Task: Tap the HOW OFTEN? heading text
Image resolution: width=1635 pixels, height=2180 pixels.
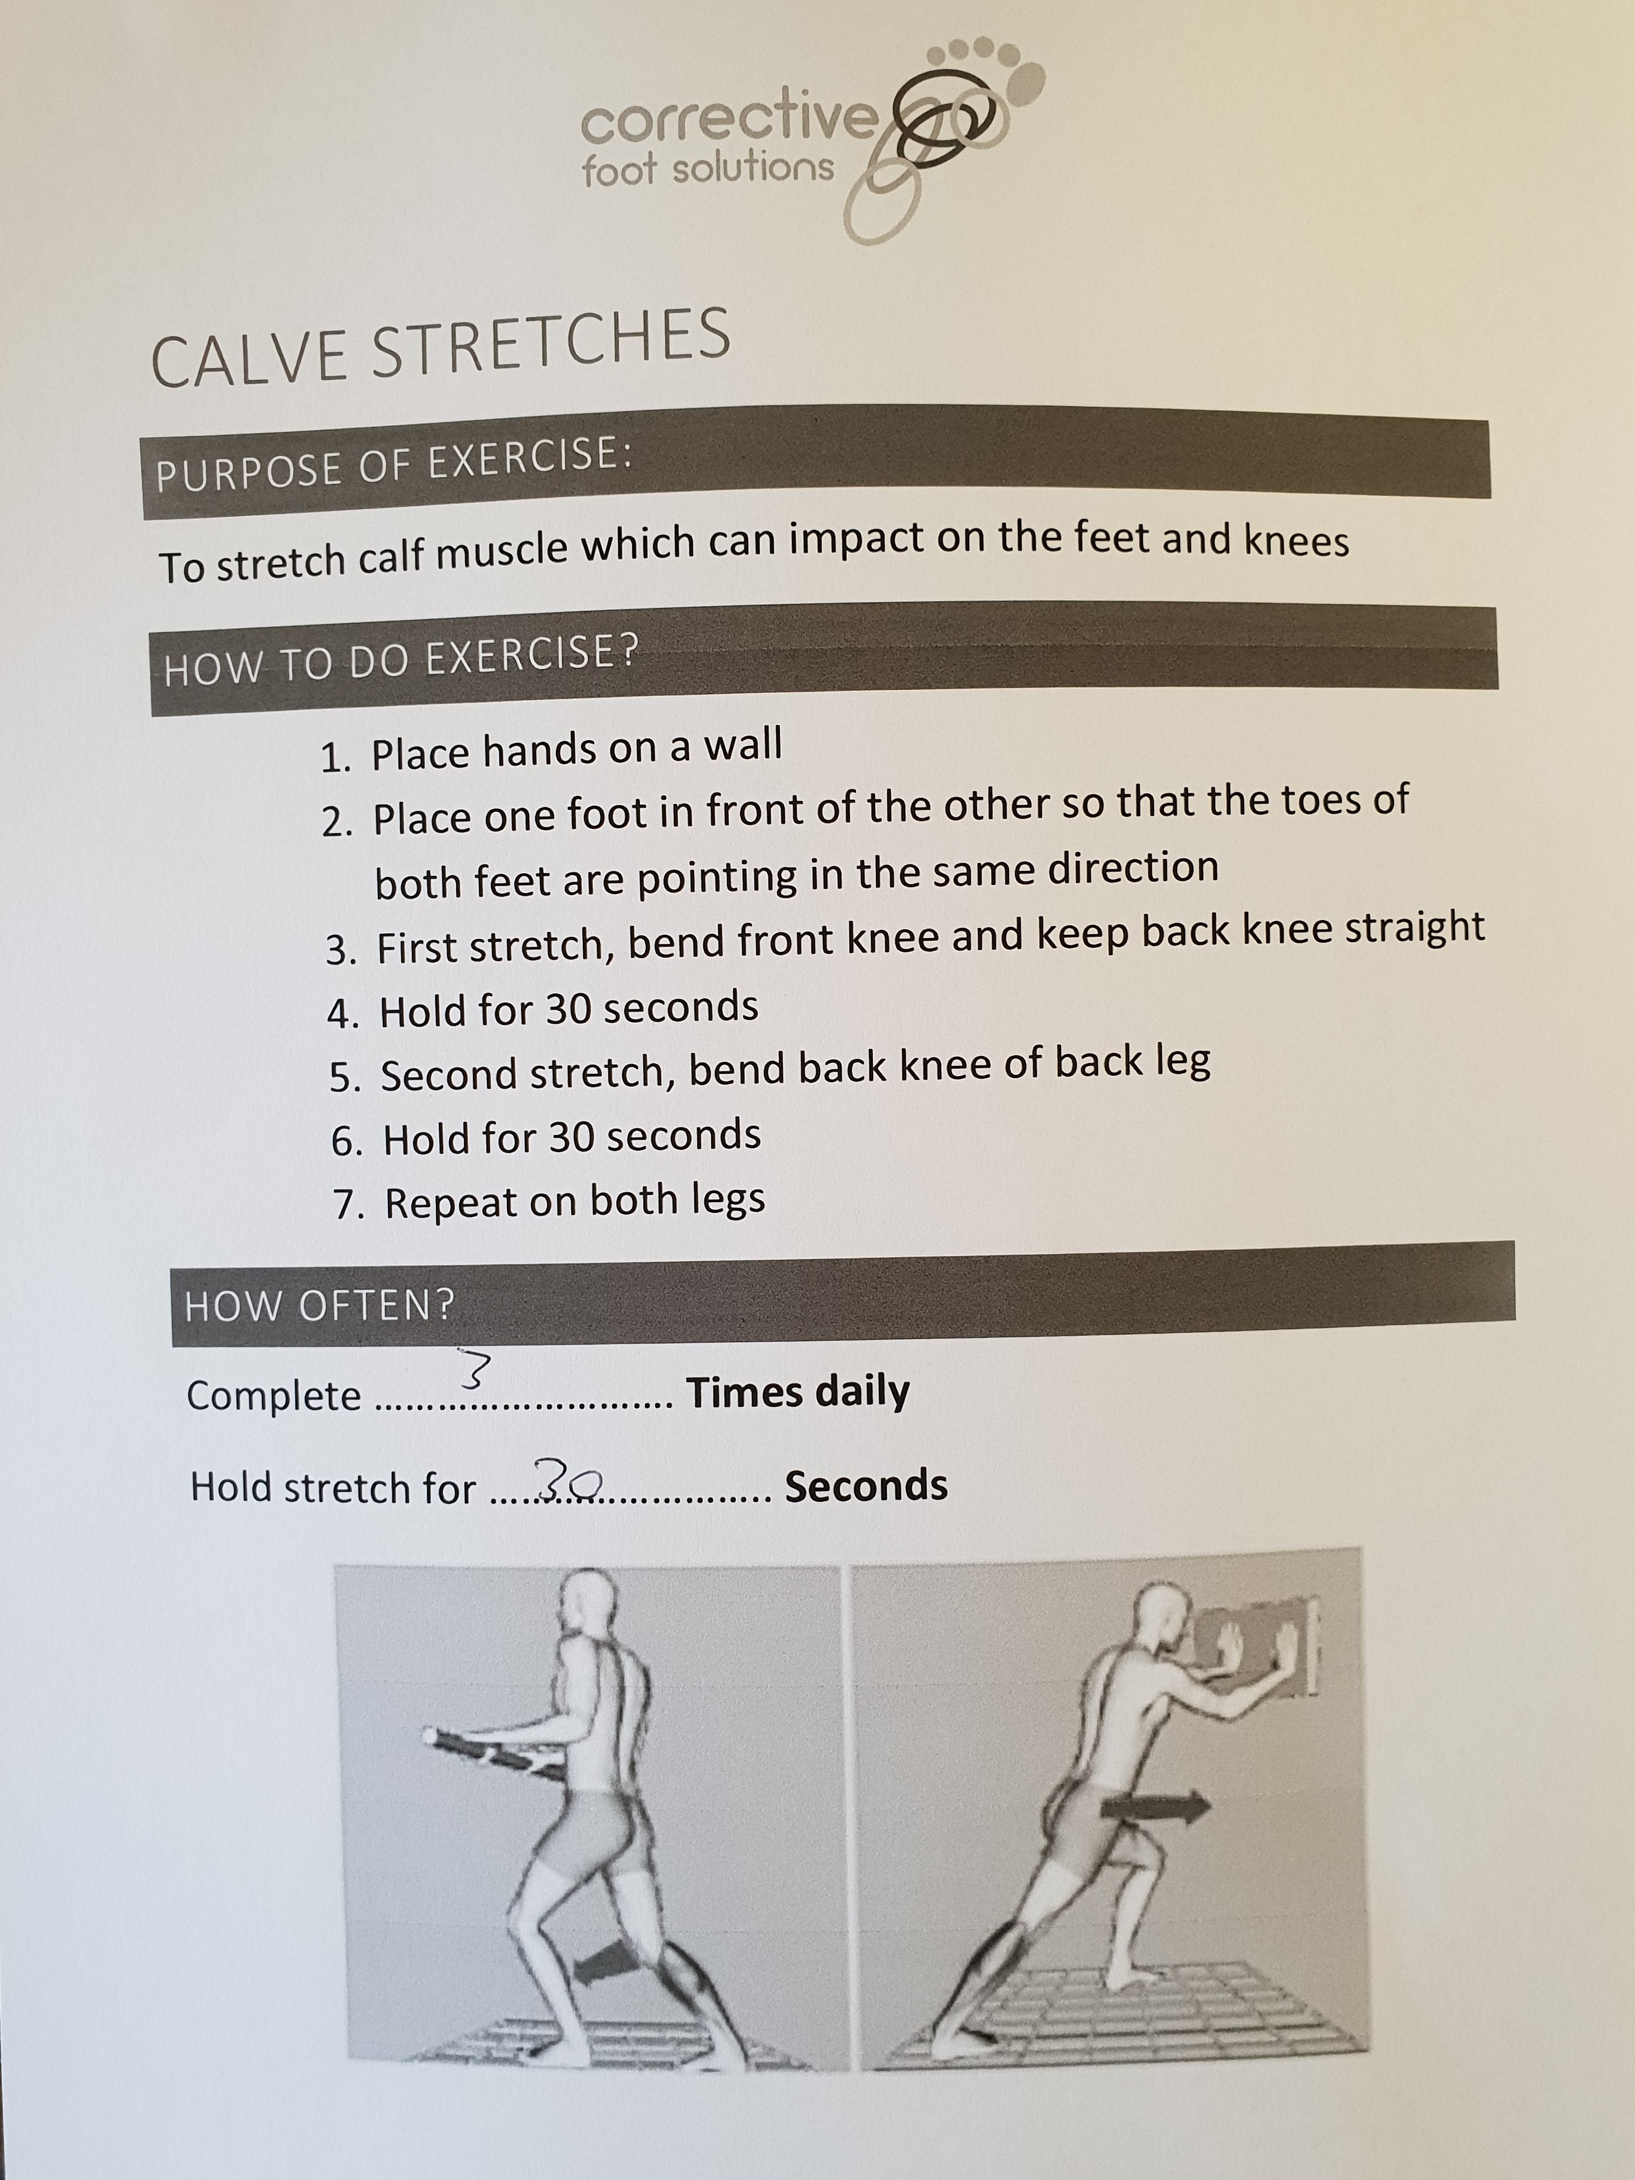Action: pos(320,1306)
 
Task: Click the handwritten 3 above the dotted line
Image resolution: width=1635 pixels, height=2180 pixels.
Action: pos(474,1369)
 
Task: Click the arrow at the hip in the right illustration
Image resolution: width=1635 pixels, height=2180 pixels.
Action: pos(1155,1806)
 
